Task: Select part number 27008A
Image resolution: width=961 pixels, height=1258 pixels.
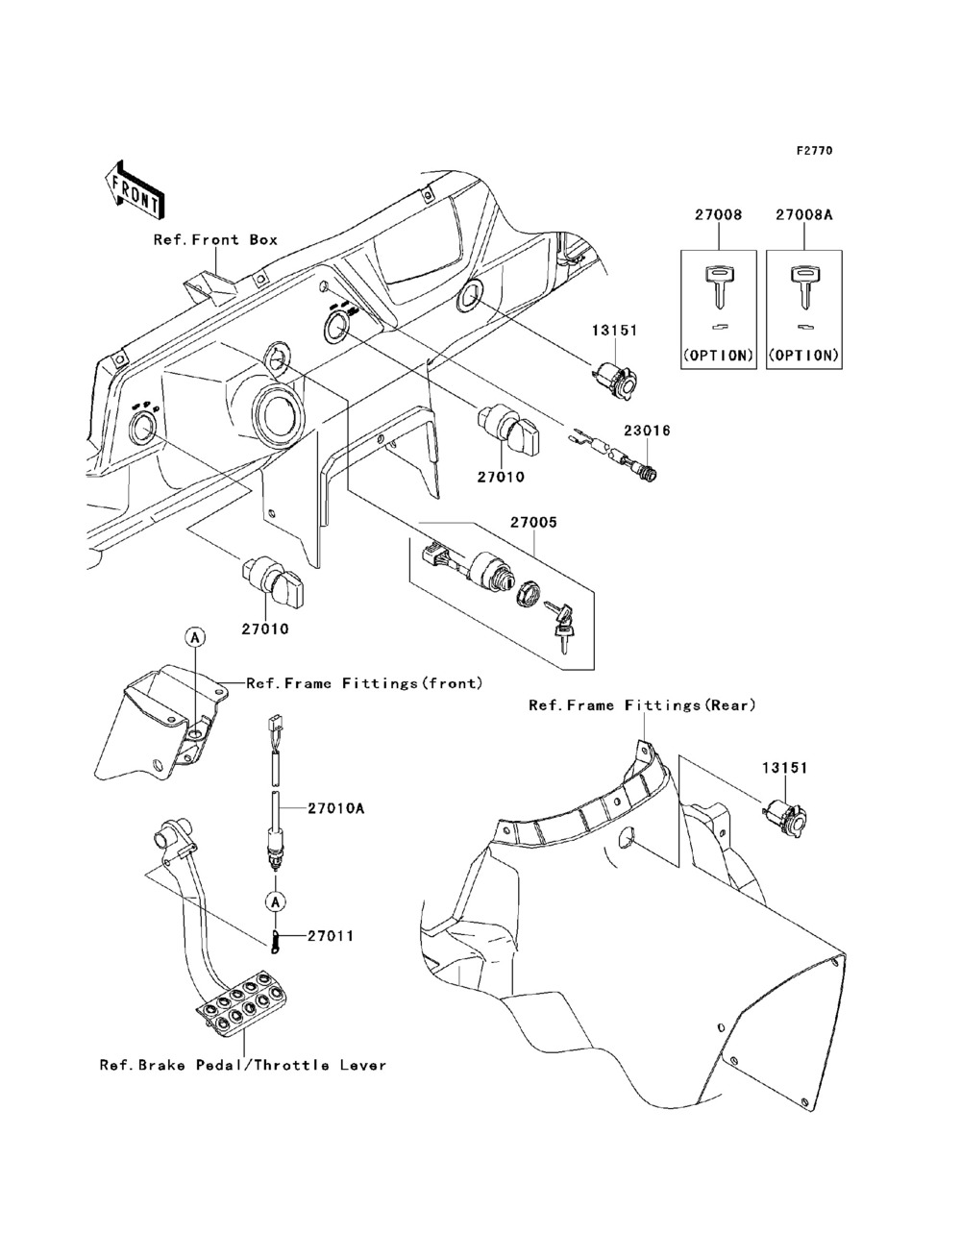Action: pyautogui.click(x=803, y=216)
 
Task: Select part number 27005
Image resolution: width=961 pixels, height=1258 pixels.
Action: pyautogui.click(x=532, y=525)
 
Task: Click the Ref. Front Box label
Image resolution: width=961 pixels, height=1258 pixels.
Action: pyautogui.click(x=215, y=239)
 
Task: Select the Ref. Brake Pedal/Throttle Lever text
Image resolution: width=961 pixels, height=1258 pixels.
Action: pyautogui.click(x=242, y=1065)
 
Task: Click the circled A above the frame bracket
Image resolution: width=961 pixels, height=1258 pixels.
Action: pyautogui.click(x=194, y=637)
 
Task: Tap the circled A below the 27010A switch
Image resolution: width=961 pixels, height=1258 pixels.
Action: pyautogui.click(x=275, y=901)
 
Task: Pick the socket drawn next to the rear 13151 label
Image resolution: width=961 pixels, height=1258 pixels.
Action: pyautogui.click(x=786, y=817)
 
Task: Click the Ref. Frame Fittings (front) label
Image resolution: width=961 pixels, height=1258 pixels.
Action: pyautogui.click(x=364, y=683)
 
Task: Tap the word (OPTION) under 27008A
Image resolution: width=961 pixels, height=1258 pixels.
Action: pyautogui.click(x=804, y=355)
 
